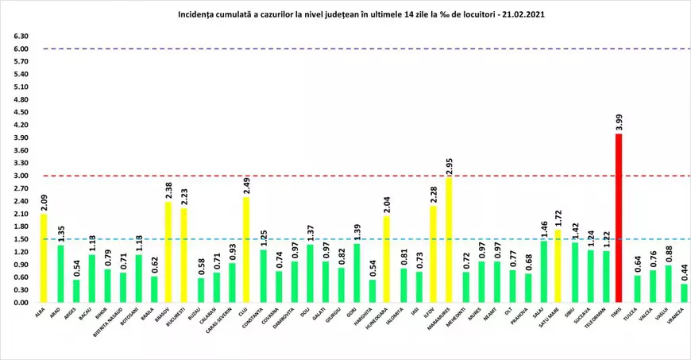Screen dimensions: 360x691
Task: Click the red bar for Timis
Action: [x=619, y=219]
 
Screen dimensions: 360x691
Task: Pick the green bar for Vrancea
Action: [x=685, y=293]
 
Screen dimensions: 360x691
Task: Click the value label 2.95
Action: [x=450, y=165]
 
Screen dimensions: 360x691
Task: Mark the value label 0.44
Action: [x=685, y=272]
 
